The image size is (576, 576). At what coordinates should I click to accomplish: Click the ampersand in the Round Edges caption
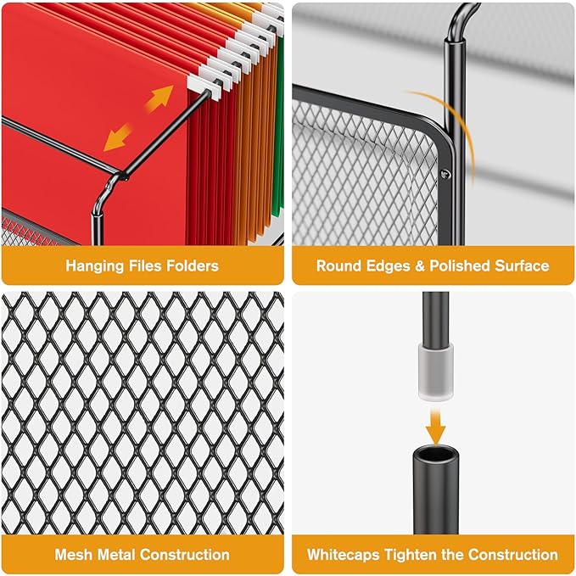420,266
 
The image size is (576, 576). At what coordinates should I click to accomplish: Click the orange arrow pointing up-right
159,98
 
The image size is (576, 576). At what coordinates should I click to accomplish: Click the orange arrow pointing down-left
118,137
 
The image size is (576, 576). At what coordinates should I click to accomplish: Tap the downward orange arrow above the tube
435,427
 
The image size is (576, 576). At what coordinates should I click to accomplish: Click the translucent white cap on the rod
436,371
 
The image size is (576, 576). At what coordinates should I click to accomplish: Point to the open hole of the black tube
436,453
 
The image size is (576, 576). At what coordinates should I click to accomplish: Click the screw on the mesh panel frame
445,174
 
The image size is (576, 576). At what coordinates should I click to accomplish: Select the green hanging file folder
278,125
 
